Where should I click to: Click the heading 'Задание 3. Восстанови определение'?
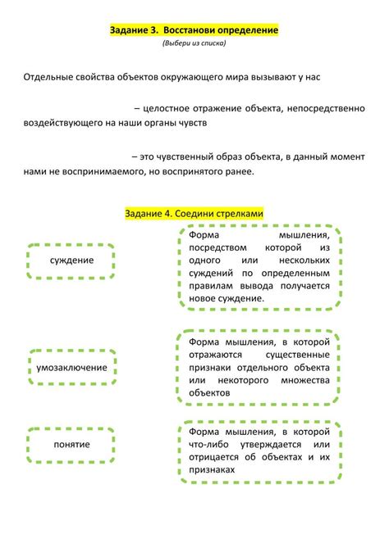(194, 29)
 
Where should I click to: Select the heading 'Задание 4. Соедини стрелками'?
(194, 213)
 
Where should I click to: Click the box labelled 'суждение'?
(71, 260)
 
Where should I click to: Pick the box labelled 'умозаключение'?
(71, 367)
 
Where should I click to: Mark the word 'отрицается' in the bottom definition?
(214, 457)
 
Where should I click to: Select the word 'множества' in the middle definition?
(306, 380)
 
